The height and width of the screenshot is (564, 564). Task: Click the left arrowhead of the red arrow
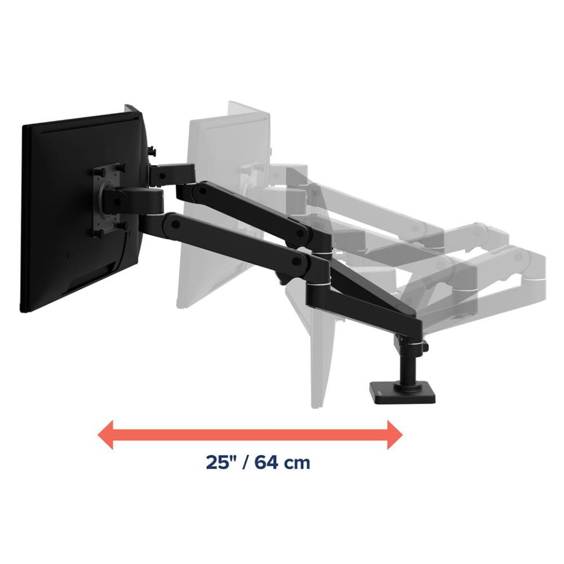click(x=106, y=435)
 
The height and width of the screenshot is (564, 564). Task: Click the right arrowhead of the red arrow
click(x=395, y=435)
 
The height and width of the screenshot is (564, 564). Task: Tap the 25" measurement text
click(x=220, y=462)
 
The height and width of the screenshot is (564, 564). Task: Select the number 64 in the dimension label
click(x=266, y=463)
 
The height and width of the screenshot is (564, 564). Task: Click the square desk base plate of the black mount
click(x=403, y=394)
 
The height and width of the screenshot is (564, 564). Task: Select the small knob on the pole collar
click(x=426, y=347)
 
